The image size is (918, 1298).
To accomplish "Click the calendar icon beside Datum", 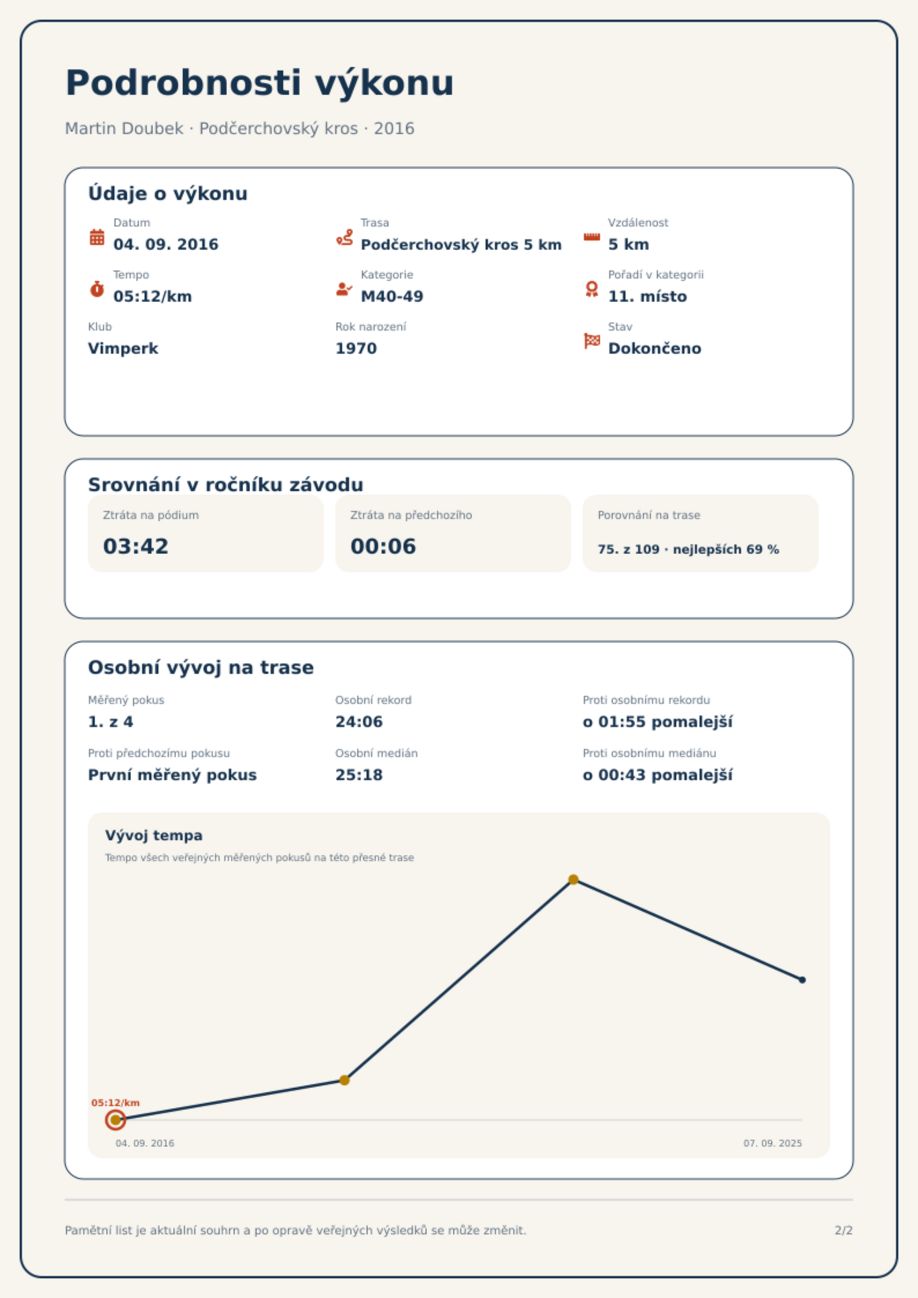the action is (97, 237).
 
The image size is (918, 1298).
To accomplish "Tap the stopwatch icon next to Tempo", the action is (97, 289).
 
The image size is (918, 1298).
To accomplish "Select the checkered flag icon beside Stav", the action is (592, 341).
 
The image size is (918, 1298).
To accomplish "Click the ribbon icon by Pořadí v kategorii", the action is (592, 289).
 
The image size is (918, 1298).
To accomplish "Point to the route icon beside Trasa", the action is (345, 237).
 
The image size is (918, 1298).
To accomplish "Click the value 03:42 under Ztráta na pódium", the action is (136, 546).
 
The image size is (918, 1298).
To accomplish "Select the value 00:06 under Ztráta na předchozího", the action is (383, 546).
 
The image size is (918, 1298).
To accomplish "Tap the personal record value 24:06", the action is (359, 722).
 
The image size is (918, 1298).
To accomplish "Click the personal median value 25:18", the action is (359, 775).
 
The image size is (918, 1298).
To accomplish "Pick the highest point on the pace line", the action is (573, 880).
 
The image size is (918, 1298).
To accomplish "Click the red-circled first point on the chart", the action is (116, 1120).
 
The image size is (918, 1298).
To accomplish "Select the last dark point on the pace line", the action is (802, 980).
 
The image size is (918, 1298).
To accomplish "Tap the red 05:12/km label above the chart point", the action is (116, 1103).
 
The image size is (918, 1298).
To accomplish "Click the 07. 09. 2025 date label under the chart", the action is (773, 1143).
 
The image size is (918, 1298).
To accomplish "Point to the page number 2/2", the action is (844, 1230).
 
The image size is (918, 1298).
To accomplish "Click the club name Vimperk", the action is (123, 348).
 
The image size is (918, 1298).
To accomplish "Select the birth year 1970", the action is (356, 348).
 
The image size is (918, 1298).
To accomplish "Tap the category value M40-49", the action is (392, 296).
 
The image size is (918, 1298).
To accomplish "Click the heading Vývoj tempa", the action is (154, 836).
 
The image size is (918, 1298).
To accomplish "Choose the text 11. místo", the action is (647, 296).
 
